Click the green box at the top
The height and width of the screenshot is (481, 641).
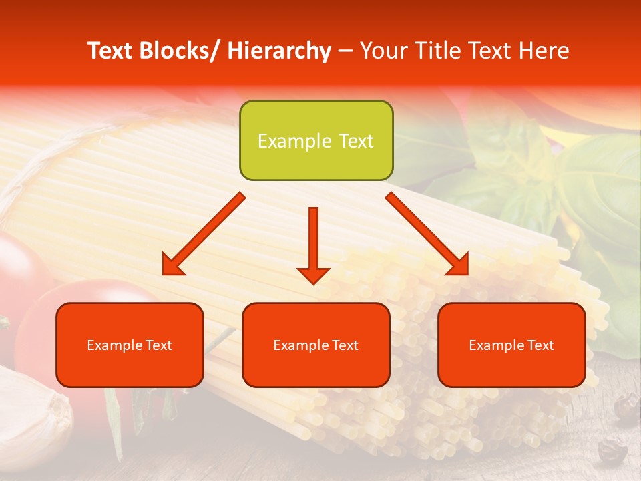click(316, 140)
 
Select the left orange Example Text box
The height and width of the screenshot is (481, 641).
click(130, 345)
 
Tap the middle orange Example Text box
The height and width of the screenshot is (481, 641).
click(316, 345)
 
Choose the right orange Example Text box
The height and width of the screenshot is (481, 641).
click(511, 345)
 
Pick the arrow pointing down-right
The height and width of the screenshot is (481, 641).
click(427, 234)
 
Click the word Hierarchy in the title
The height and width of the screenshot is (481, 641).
click(278, 51)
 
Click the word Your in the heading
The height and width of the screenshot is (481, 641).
click(383, 51)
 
